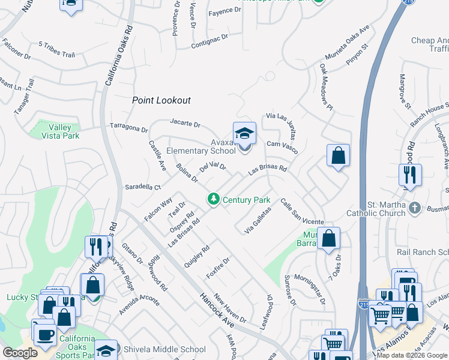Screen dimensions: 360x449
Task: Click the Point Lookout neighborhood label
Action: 161,101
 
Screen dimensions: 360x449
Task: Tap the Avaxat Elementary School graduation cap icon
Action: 244,133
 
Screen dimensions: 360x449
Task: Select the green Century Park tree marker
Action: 212,199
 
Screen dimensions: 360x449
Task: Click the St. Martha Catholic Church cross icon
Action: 414,209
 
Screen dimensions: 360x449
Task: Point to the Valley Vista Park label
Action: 60,131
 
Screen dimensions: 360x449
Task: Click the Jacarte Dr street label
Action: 184,124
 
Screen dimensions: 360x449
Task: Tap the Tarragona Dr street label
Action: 128,128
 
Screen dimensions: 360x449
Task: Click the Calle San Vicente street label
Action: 301,212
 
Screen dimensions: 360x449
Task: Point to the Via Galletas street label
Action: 258,220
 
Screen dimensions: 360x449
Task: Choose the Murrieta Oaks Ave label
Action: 344,41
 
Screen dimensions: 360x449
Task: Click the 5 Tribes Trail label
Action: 56,49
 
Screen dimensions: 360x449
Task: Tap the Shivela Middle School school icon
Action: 106,350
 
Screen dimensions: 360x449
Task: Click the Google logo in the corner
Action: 19,353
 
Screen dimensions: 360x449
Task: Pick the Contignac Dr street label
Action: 209,41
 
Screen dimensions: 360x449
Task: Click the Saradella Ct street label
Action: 142,187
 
